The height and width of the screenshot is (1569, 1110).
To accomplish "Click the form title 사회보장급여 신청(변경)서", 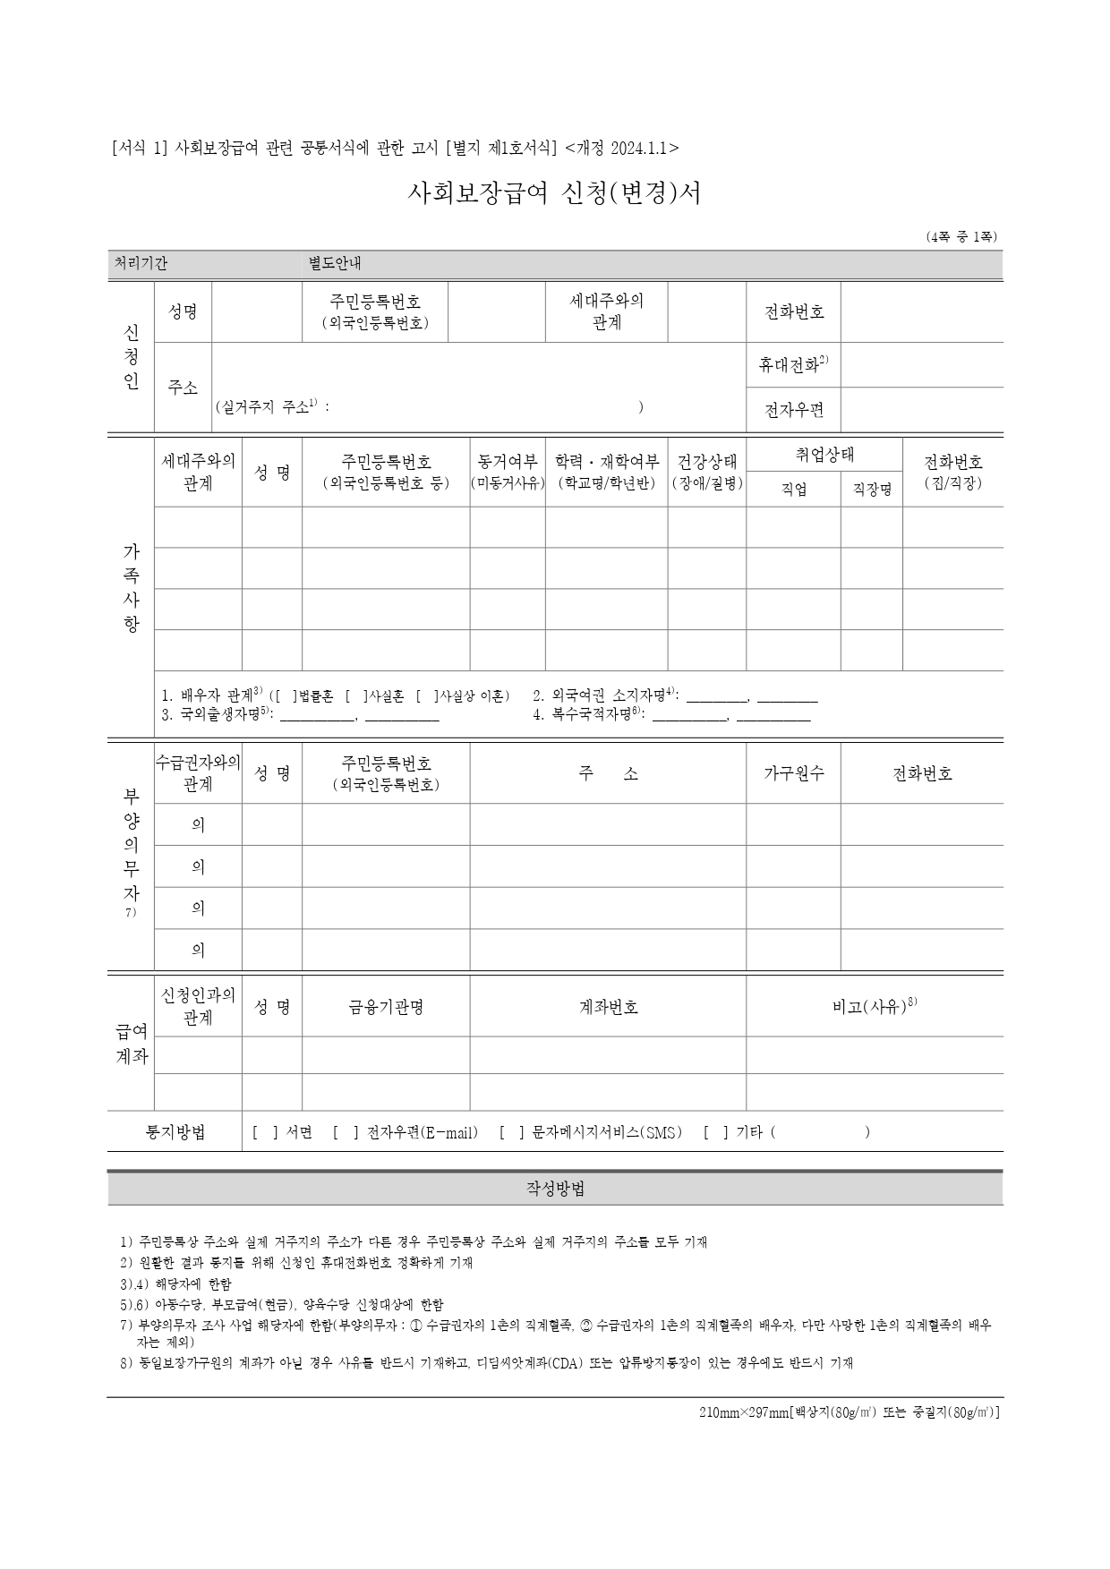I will tap(554, 193).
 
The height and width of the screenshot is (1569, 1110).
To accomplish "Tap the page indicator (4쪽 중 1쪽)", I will tap(961, 237).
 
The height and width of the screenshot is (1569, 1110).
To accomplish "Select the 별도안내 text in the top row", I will tap(335, 264).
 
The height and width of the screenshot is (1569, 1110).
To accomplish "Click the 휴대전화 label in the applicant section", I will tap(793, 364).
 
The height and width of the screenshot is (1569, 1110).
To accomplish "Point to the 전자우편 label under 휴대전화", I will tap(793, 411).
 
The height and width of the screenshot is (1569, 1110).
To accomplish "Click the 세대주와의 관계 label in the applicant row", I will tap(606, 311).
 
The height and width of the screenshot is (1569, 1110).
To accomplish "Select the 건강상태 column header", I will tap(707, 462).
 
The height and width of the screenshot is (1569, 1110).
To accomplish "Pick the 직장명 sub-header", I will tap(871, 490).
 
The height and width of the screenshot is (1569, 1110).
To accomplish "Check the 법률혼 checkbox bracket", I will tap(286, 695).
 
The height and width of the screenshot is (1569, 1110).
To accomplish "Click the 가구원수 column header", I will tap(793, 773).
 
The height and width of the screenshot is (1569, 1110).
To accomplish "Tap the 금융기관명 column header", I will tap(386, 1007).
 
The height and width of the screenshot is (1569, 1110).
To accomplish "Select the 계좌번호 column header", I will tap(608, 1007).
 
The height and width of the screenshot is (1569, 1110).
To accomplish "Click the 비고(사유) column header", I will tap(874, 1007).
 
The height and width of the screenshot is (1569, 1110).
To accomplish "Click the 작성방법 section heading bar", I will tap(555, 1190).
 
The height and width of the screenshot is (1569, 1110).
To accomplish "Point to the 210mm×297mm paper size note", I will tap(849, 1412).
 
